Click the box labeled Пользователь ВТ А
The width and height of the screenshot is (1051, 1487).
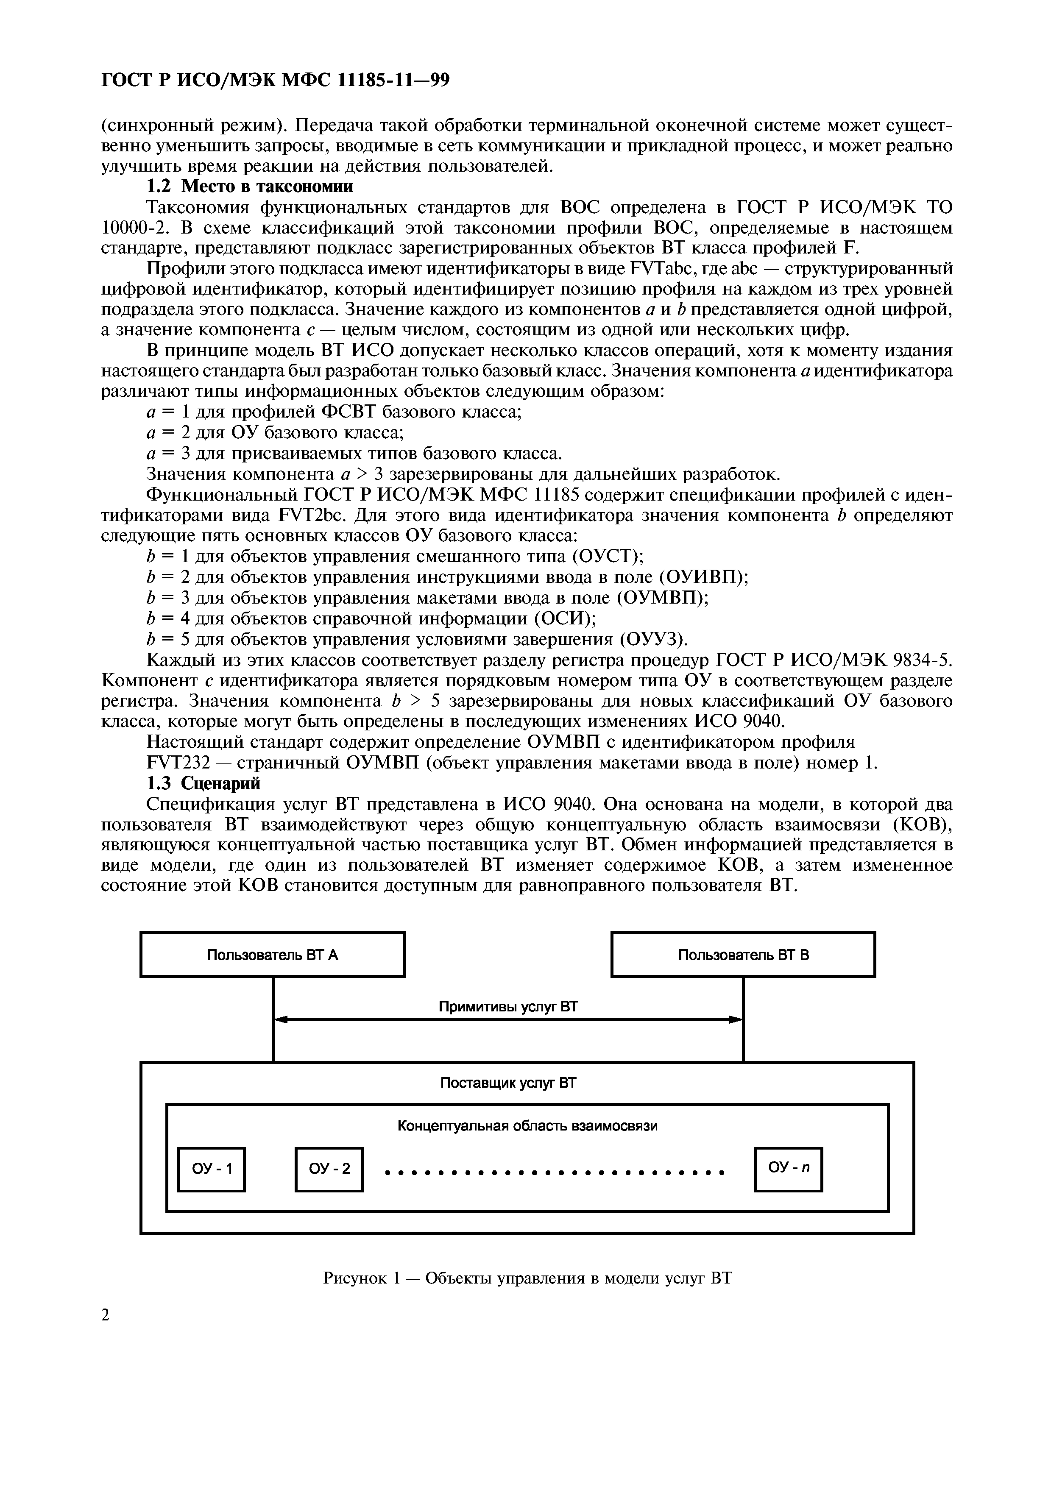(272, 954)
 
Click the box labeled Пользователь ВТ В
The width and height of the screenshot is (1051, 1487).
(743, 954)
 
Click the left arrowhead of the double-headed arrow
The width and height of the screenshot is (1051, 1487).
(280, 1020)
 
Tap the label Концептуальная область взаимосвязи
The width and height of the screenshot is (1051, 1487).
(527, 1126)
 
